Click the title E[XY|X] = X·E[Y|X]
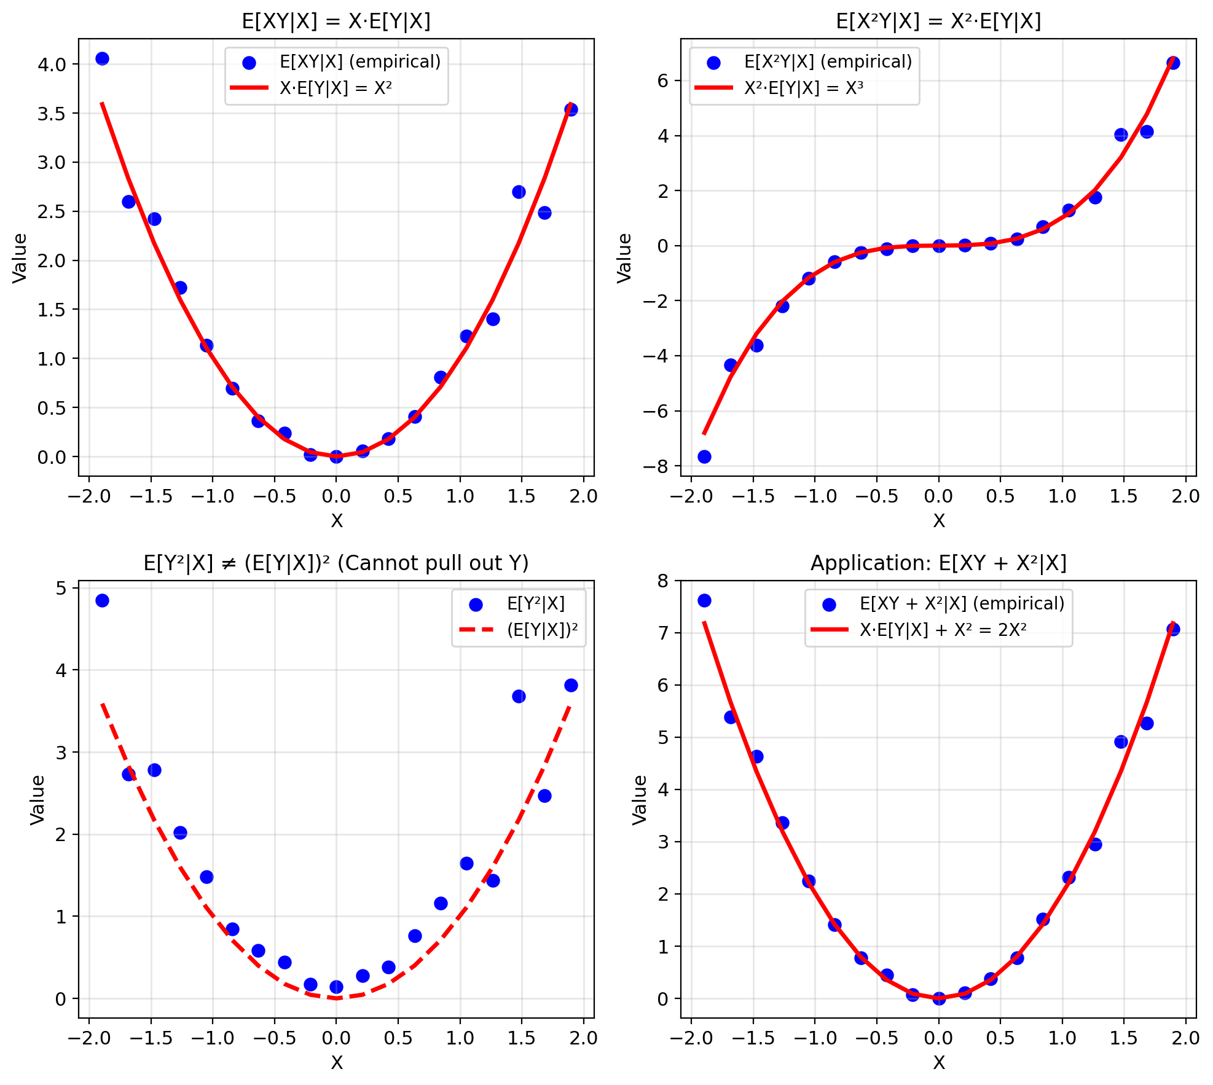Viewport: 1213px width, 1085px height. [336, 22]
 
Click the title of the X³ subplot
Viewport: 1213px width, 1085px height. [938, 22]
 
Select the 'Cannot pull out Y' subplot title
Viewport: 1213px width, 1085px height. [336, 563]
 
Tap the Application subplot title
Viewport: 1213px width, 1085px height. [938, 563]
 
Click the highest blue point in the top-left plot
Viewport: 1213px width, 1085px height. [103, 58]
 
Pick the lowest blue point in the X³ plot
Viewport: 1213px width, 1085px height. [704, 456]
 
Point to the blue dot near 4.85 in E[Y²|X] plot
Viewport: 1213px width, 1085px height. [103, 600]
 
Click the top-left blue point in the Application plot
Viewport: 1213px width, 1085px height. [704, 600]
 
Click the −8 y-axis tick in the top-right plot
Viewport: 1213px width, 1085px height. [655, 466]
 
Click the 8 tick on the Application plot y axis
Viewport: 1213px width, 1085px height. [663, 581]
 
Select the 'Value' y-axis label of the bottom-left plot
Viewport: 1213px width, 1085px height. [37, 799]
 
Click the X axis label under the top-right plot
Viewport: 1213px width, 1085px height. [938, 521]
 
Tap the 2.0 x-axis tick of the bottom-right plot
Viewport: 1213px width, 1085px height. [1185, 1038]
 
